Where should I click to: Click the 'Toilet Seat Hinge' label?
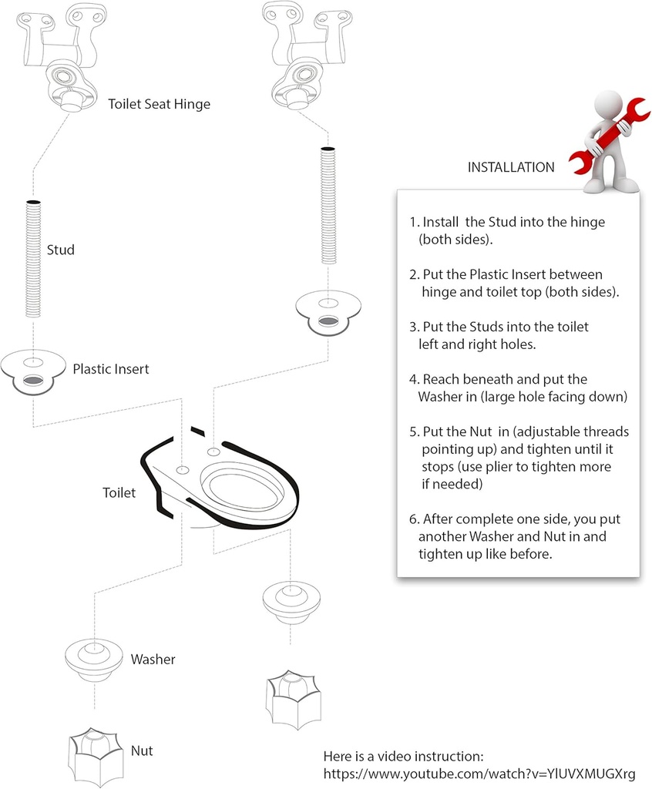pyautogui.click(x=159, y=104)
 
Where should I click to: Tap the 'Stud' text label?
pyautogui.click(x=61, y=250)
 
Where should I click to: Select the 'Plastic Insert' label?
pyautogui.click(x=111, y=369)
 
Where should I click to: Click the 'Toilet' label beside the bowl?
pyautogui.click(x=119, y=492)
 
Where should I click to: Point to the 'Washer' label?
pyautogui.click(x=153, y=660)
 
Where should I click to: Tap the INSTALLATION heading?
pyautogui.click(x=511, y=167)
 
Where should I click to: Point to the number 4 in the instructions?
pyautogui.click(x=414, y=379)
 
